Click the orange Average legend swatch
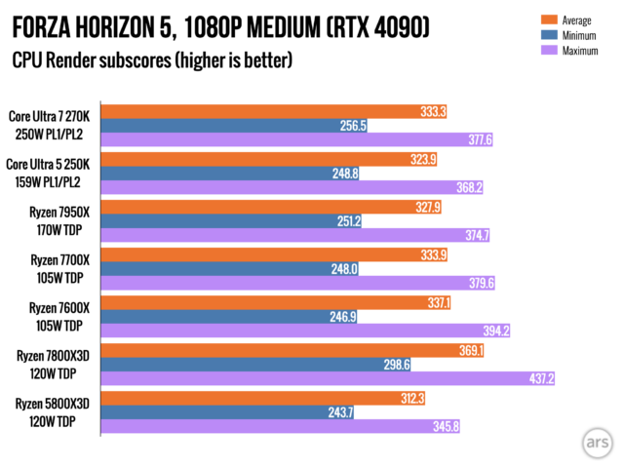tap(549, 19)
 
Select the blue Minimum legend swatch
tap(549, 35)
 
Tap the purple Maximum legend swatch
tap(549, 50)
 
